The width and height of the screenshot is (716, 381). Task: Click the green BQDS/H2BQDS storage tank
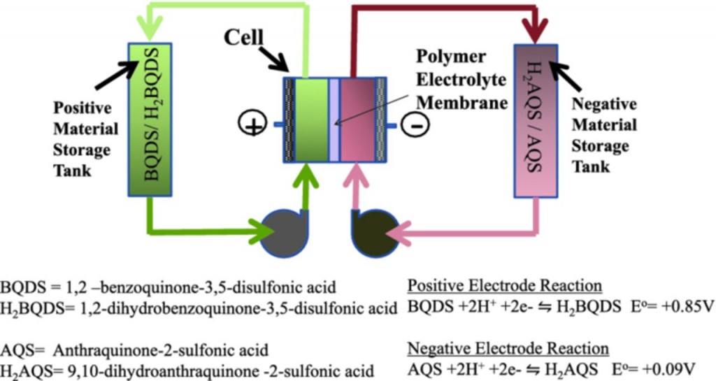tap(151, 119)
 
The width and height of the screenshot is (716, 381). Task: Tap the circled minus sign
tap(415, 126)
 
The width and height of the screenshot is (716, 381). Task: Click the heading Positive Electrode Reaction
tap(503, 286)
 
